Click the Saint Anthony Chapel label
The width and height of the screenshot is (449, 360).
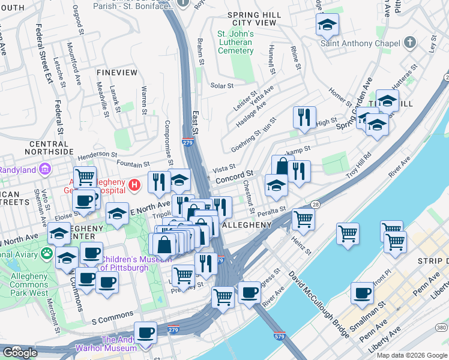coord(360,43)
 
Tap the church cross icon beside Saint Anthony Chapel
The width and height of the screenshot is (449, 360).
coord(409,43)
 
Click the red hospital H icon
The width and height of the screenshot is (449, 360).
coord(135,184)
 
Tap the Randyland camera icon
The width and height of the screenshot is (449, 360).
coord(44,170)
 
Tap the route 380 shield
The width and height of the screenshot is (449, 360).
coord(442,327)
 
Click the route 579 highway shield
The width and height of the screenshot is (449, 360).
coord(279,338)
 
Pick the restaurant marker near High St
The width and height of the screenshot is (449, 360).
coord(304,117)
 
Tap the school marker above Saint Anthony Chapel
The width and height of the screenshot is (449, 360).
coord(327,25)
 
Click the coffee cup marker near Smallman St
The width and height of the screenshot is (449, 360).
coord(362,293)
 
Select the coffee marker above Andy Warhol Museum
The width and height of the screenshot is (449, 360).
coord(145,332)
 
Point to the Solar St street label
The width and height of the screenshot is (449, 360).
coord(222,86)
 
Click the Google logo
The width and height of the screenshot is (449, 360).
coord(20,353)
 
